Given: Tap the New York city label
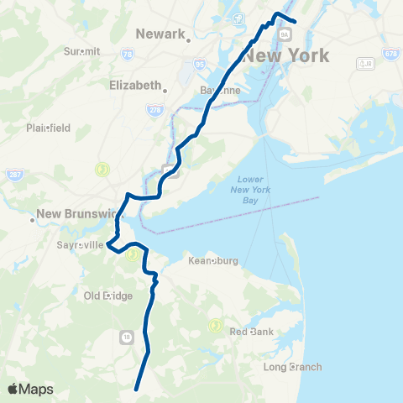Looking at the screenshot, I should [285, 56].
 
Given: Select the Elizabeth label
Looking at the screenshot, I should [134, 86].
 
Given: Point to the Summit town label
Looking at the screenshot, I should [81, 51].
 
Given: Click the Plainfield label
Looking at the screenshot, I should [48, 128].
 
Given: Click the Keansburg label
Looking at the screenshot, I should [213, 261].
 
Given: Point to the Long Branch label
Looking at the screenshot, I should [292, 367].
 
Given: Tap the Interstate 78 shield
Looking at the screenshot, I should [128, 54].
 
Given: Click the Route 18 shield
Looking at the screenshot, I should [127, 337].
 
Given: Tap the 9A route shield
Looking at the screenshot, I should [285, 34].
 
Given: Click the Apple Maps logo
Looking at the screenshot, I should [30, 389].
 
